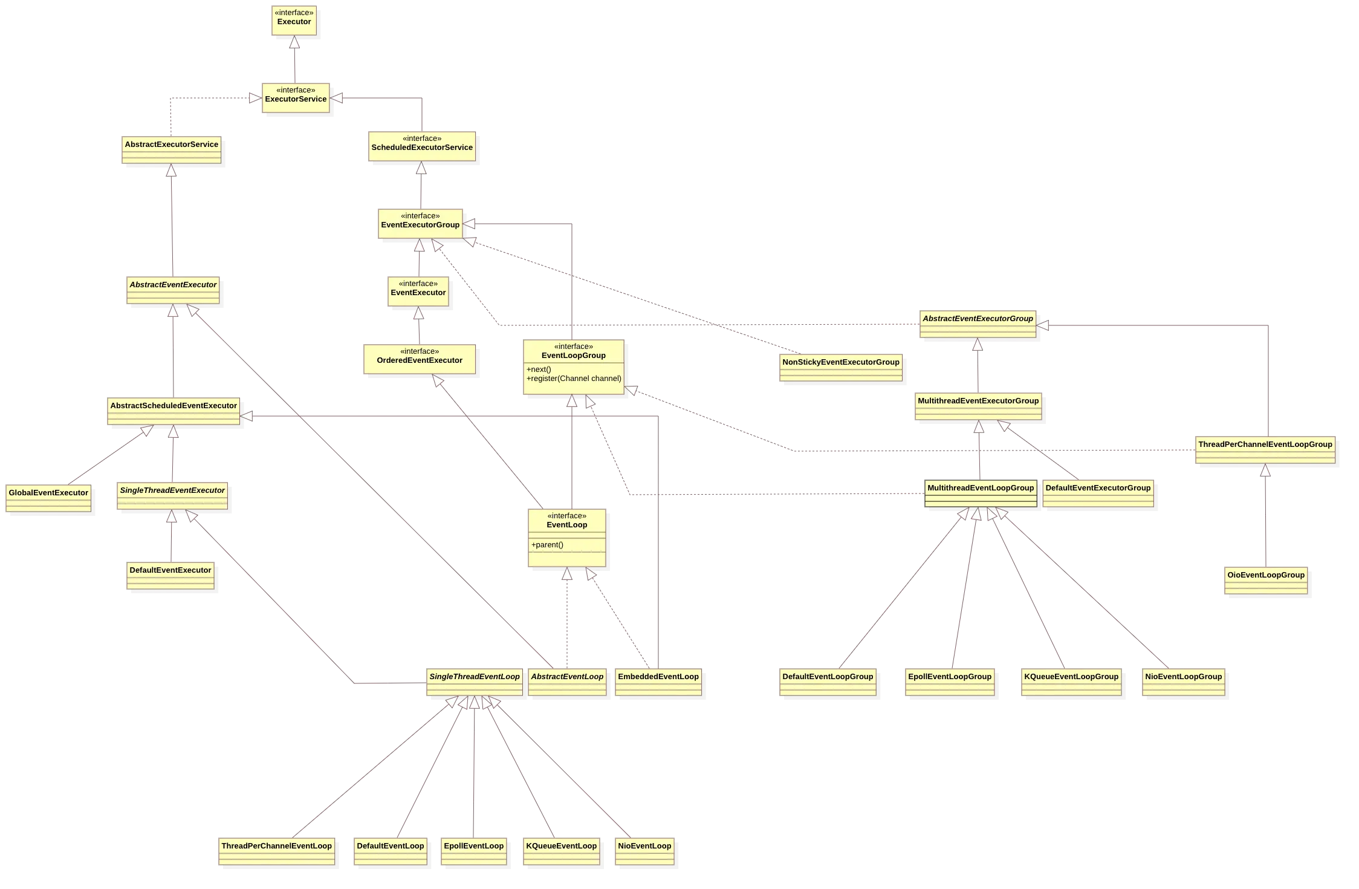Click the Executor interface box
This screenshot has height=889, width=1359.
[294, 21]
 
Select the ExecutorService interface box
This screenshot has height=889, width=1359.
[296, 98]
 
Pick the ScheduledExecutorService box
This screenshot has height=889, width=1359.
[422, 146]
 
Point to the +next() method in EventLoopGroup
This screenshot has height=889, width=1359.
[539, 370]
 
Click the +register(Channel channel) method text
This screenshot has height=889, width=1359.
[574, 379]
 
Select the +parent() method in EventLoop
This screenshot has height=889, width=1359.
[548, 545]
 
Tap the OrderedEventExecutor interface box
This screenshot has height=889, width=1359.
[420, 360]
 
